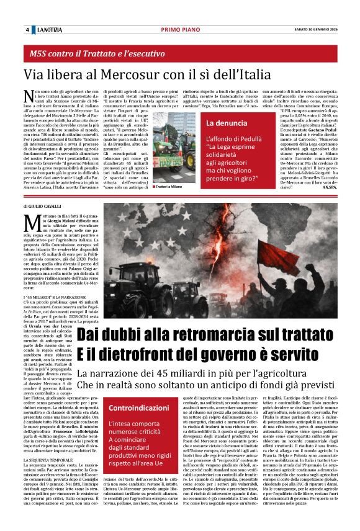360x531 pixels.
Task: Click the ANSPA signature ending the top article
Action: (325, 187)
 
